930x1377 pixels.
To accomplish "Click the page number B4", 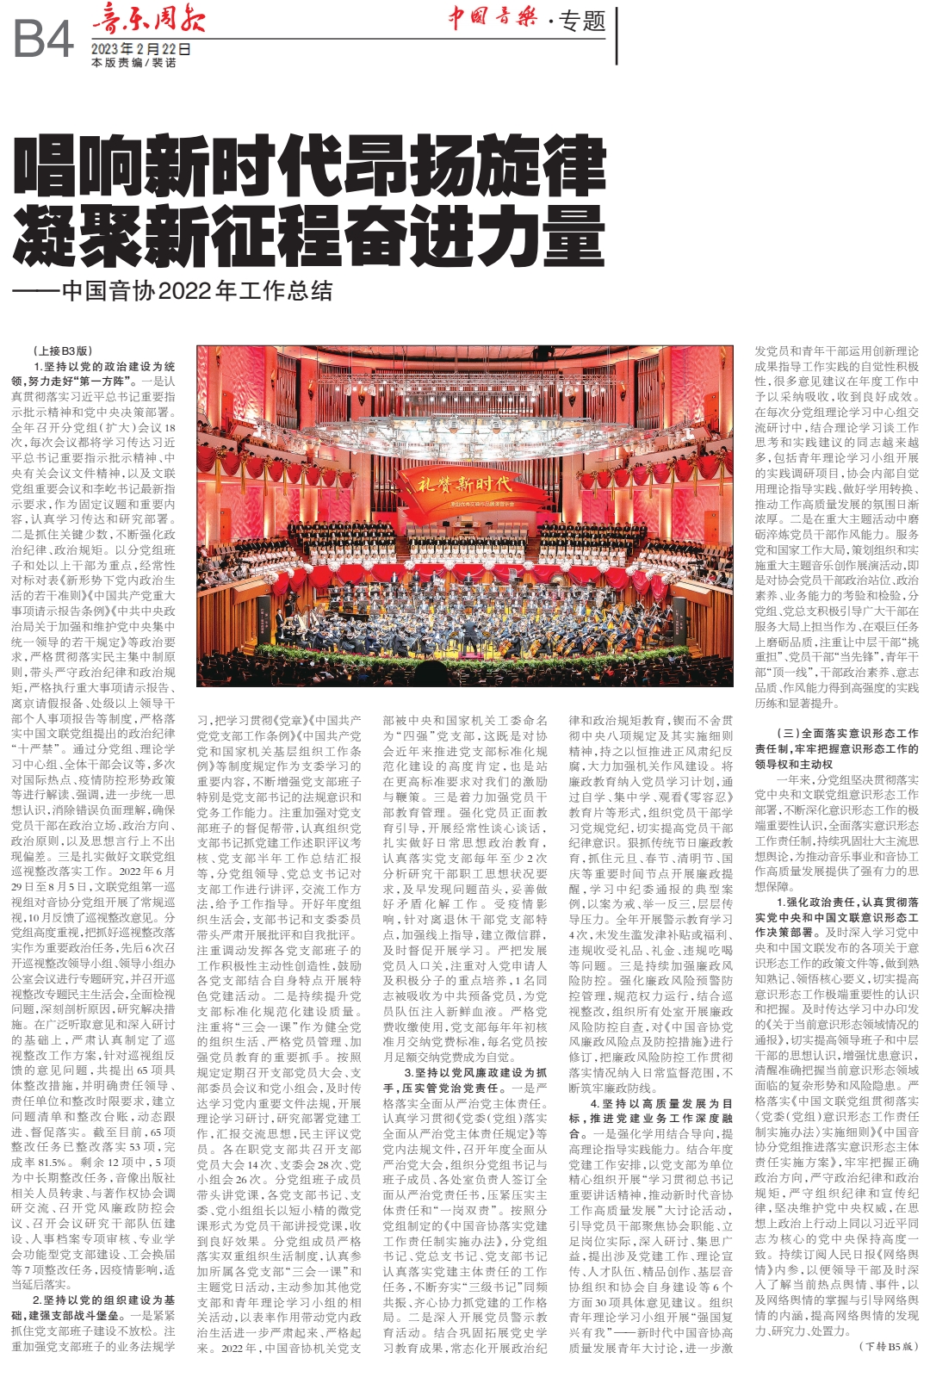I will [x=43, y=40].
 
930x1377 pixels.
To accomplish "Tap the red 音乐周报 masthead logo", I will [x=148, y=19].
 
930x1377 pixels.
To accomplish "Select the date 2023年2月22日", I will [x=140, y=49].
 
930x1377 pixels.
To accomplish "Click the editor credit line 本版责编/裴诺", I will [x=133, y=63].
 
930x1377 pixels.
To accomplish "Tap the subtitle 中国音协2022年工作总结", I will [x=197, y=291].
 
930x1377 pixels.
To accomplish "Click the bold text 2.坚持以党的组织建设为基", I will [x=103, y=1300].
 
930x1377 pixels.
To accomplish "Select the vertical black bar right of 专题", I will [x=617, y=34].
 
